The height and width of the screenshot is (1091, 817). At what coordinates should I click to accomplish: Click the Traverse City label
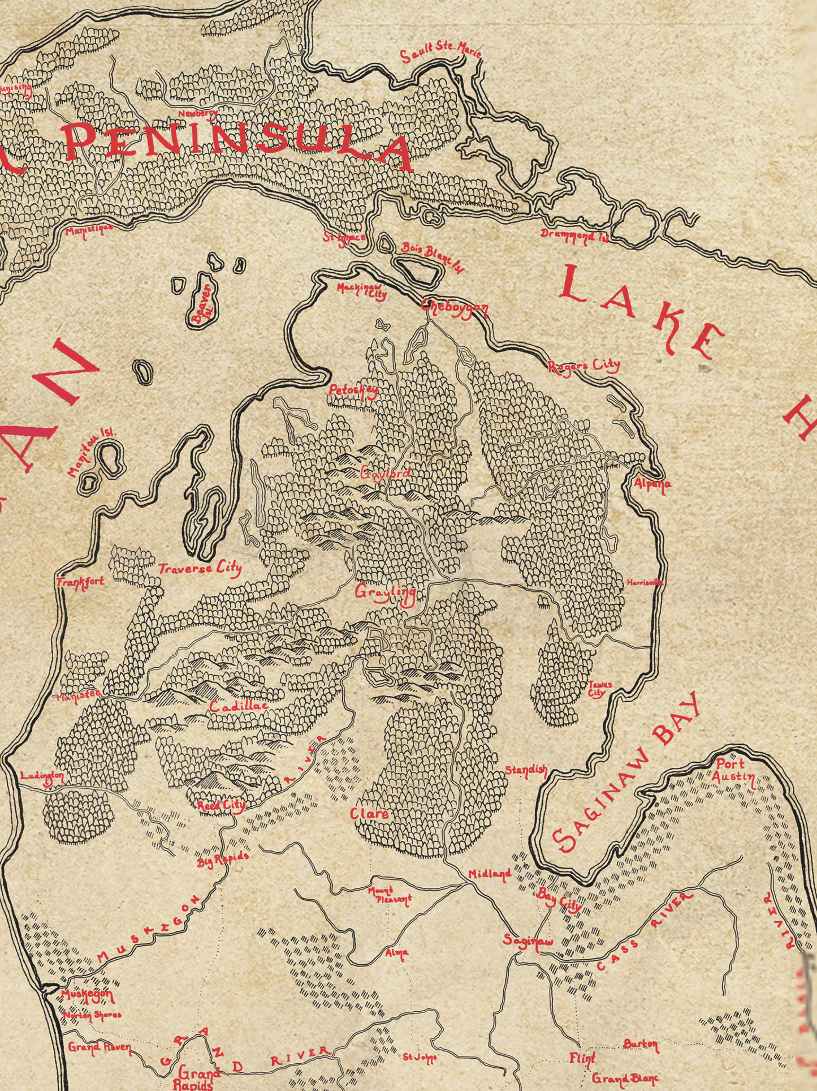tap(200, 568)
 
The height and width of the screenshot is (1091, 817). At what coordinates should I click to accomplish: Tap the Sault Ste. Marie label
tap(440, 50)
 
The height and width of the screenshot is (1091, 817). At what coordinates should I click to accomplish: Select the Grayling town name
tap(386, 592)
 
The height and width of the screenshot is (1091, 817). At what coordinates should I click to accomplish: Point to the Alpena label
tap(652, 484)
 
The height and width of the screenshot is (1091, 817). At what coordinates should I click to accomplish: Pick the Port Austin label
tap(733, 770)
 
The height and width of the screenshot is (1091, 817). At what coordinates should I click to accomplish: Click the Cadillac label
tap(238, 706)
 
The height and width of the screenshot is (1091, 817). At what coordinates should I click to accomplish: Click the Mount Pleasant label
tap(390, 895)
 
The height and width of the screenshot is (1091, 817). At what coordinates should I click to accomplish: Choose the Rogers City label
tap(584, 366)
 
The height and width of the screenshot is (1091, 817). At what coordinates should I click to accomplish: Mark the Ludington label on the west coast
tap(42, 776)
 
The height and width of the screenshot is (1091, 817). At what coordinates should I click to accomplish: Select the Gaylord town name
tap(386, 473)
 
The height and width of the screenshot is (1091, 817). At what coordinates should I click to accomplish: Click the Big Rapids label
tap(223, 860)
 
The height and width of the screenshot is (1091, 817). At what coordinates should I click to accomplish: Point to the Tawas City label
tap(599, 688)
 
